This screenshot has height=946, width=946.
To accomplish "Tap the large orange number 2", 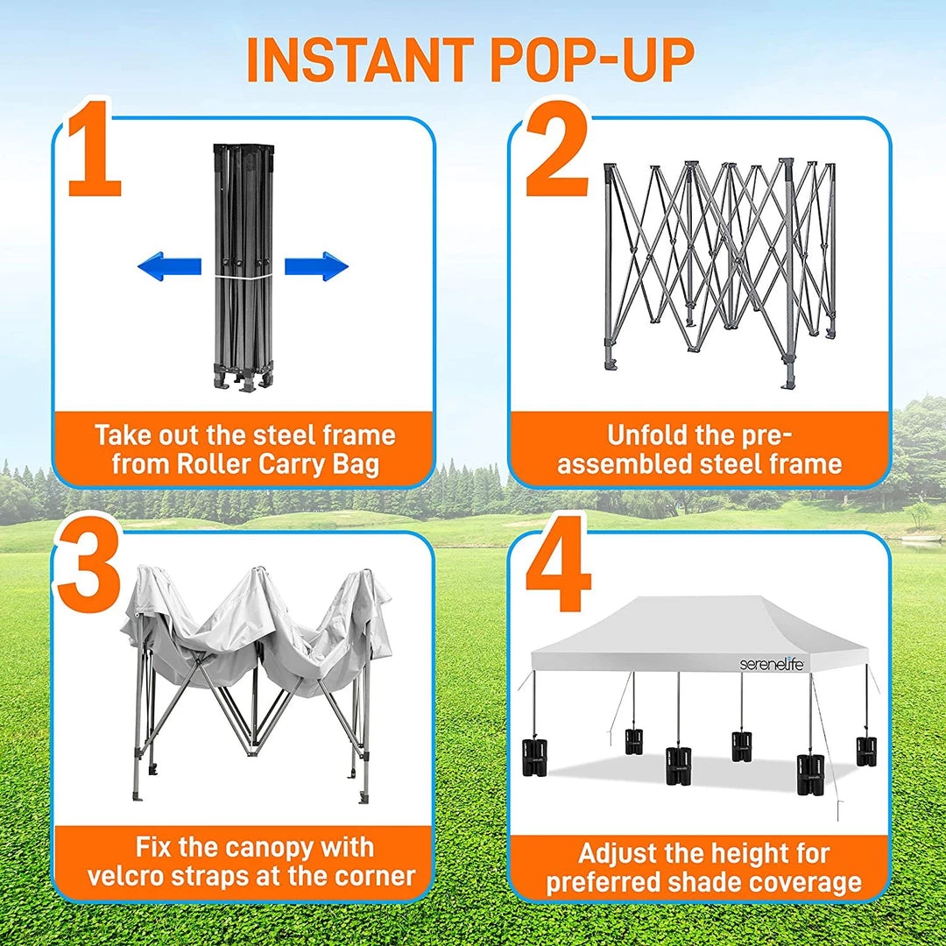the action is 557,150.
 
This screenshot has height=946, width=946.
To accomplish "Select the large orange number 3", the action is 90,563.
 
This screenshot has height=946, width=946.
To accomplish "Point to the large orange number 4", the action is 558,563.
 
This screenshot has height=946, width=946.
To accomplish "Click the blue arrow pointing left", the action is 170,266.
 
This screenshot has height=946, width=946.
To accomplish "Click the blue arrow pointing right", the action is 316,266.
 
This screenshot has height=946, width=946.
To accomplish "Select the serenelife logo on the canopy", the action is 772,664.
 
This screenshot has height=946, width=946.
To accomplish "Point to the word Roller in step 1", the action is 215,464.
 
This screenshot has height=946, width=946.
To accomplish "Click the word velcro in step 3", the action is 128,876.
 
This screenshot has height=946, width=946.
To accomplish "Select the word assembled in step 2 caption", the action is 625,464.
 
